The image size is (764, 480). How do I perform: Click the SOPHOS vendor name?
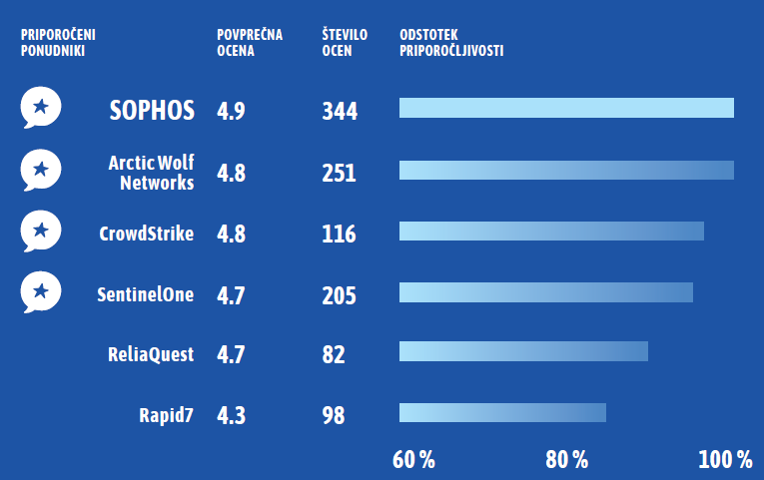coord(152,110)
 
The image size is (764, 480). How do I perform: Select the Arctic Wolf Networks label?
coord(151,172)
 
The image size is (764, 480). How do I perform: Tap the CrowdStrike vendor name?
coord(147,235)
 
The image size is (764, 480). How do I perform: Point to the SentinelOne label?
coord(146,294)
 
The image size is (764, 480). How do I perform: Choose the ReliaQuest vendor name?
coord(151,353)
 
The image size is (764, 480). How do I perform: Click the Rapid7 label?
coord(167,414)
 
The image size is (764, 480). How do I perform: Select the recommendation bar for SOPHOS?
coord(566,108)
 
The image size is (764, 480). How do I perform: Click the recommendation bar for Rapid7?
coord(502,413)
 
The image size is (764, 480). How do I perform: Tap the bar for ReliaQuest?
coord(523,351)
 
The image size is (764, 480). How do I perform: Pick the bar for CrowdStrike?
coord(551,232)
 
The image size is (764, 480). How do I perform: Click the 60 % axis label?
coord(413,460)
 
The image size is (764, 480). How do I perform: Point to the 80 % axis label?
coord(566,460)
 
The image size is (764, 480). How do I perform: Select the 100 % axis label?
coord(724,460)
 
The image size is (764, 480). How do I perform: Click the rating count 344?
coord(340,111)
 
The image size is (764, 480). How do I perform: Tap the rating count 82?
coord(334,354)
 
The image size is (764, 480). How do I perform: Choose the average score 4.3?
coord(231,415)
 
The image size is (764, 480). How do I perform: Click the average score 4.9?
coord(231,111)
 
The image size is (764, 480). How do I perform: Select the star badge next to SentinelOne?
coord(41,292)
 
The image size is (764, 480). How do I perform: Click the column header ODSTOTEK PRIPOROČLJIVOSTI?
coord(450,42)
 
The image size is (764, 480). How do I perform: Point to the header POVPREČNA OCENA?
coord(250,42)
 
